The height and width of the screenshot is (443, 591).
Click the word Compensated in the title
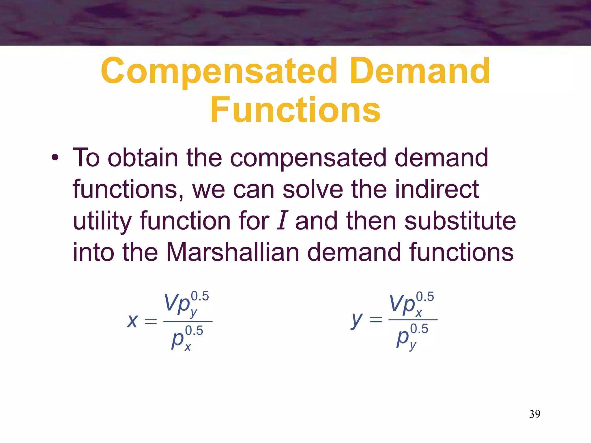(219, 71)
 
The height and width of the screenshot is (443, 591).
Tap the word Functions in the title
(295, 110)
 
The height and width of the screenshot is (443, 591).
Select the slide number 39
(535, 414)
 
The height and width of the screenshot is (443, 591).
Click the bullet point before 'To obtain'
(55, 158)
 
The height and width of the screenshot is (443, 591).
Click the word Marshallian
(233, 252)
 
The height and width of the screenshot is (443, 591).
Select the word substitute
(460, 221)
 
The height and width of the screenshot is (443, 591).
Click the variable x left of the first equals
(132, 321)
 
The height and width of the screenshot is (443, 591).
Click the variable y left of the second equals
(357, 320)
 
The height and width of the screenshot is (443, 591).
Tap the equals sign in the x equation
(151, 321)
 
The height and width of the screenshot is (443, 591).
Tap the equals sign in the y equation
(376, 320)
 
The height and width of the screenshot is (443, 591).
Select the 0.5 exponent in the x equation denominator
(194, 331)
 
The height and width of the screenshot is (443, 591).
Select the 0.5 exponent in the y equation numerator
(425, 297)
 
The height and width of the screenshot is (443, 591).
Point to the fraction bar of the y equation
(413, 320)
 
